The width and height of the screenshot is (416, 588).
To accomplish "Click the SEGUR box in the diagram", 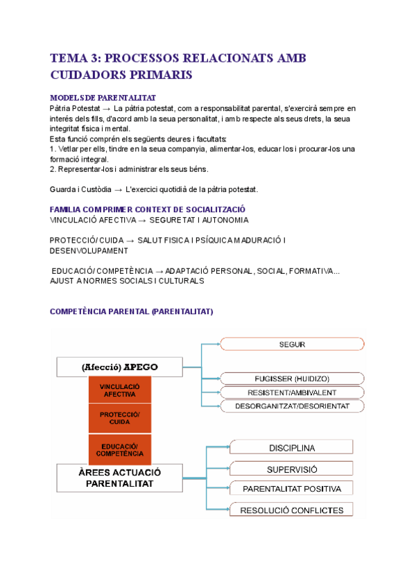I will pyautogui.click(x=292, y=344).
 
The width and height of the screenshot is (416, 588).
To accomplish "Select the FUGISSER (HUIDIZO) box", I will pyautogui.click(x=292, y=379).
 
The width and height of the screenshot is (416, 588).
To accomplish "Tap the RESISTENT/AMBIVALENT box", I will pyautogui.click(x=292, y=392).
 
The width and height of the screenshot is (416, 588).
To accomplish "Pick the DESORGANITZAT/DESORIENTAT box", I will pyautogui.click(x=292, y=406).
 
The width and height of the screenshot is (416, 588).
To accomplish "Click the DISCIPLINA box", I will pyautogui.click(x=291, y=447).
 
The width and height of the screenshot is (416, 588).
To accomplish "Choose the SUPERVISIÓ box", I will pyautogui.click(x=291, y=468).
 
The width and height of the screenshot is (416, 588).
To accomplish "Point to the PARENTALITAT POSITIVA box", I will pyautogui.click(x=291, y=489).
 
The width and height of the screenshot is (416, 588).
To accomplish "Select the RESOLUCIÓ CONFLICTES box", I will pyautogui.click(x=291, y=510).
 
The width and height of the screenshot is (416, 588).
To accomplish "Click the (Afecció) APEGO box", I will pyautogui.click(x=119, y=367).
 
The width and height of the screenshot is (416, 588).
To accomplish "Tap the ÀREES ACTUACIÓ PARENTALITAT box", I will pyautogui.click(x=119, y=478).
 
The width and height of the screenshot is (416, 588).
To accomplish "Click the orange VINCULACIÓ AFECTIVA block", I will pyautogui.click(x=120, y=390).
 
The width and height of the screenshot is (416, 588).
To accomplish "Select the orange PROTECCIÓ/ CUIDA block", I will pyautogui.click(x=120, y=418).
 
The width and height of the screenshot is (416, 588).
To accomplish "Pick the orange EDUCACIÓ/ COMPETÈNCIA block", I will pyautogui.click(x=120, y=449).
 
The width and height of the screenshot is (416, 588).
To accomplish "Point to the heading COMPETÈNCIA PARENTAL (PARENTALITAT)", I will pyautogui.click(x=131, y=312).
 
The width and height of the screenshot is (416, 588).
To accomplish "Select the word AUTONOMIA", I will pyautogui.click(x=220, y=220).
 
